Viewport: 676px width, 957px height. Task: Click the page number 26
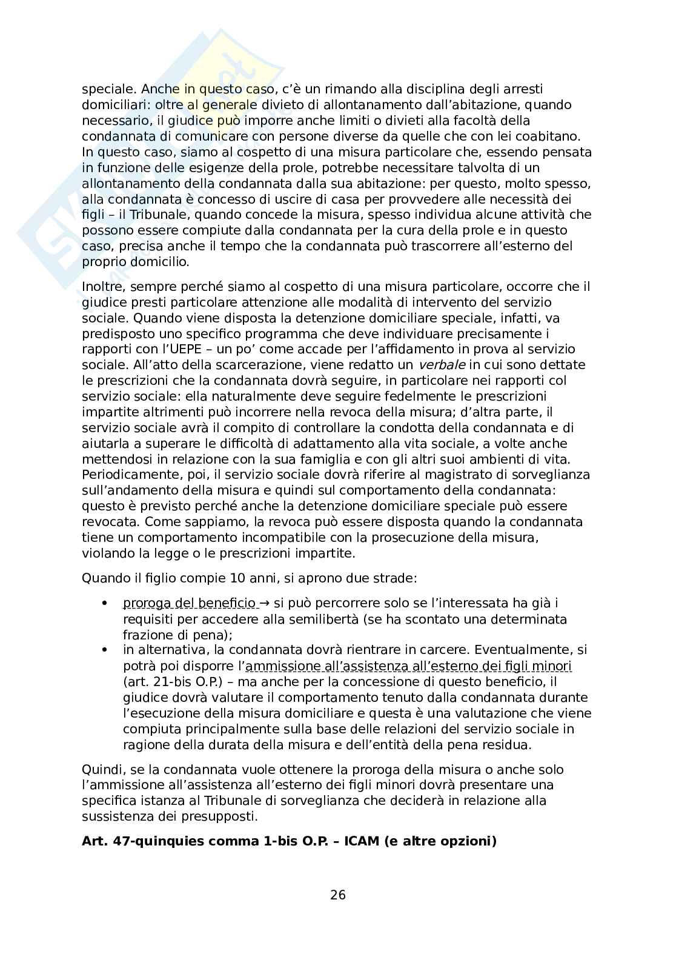pyautogui.click(x=338, y=895)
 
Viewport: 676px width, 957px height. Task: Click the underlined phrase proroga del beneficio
pyautogui.click(x=189, y=603)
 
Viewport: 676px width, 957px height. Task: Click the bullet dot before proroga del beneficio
pyautogui.click(x=105, y=603)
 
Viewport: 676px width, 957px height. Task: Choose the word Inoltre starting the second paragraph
pyautogui.click(x=101, y=286)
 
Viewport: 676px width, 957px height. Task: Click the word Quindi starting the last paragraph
pyautogui.click(x=101, y=770)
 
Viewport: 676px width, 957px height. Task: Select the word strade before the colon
pyautogui.click(x=396, y=578)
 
